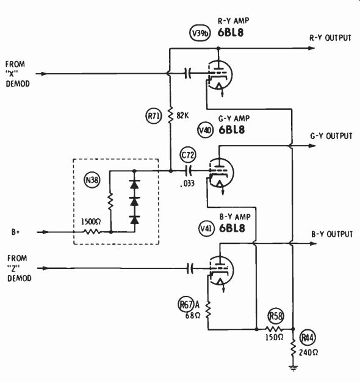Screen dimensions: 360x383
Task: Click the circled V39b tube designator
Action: click(x=200, y=33)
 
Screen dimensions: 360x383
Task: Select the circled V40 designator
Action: click(x=205, y=130)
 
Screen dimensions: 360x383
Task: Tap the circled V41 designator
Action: click(x=206, y=229)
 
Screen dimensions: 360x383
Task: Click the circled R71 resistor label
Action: click(x=154, y=116)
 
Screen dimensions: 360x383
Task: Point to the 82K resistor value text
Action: click(x=182, y=115)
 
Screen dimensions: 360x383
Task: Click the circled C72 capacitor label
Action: click(x=188, y=155)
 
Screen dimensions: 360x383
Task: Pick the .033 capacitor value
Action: click(x=187, y=184)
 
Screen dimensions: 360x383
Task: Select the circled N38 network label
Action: click(x=92, y=181)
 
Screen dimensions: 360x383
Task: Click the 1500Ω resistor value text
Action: click(x=91, y=222)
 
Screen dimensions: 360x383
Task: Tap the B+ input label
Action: click(x=15, y=232)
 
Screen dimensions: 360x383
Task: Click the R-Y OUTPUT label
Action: click(x=330, y=38)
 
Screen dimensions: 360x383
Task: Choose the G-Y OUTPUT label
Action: click(x=331, y=136)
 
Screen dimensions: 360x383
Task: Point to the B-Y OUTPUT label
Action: click(x=332, y=234)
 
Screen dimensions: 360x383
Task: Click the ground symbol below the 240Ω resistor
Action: click(x=293, y=368)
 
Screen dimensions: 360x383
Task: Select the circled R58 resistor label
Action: click(x=276, y=317)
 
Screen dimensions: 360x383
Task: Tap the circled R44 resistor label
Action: click(x=308, y=338)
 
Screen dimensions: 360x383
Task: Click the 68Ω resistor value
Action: click(x=193, y=315)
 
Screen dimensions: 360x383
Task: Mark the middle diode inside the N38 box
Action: click(x=135, y=201)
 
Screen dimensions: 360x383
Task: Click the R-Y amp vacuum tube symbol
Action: click(x=219, y=75)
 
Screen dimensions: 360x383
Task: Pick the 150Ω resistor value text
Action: click(x=274, y=338)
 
